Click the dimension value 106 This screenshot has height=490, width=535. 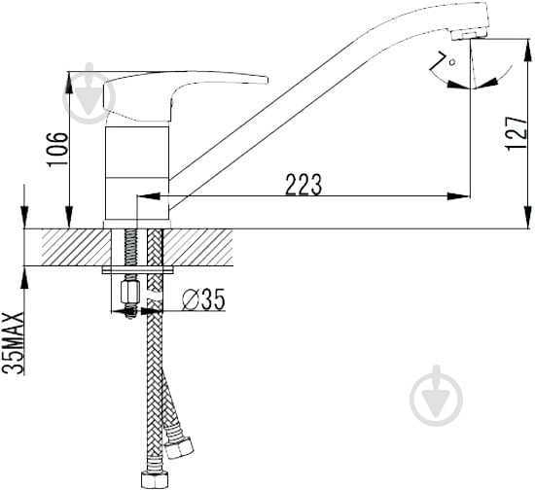coord(57,149)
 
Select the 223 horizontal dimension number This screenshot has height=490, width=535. coord(303,185)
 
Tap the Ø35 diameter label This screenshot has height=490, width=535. coord(203,299)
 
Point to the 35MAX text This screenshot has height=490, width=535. coord(14,343)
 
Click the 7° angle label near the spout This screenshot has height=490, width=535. coord(444,62)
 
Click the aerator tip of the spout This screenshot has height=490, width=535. coord(470,34)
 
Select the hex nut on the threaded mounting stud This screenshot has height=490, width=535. coord(130,291)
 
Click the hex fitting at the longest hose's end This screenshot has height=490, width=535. coord(154,479)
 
